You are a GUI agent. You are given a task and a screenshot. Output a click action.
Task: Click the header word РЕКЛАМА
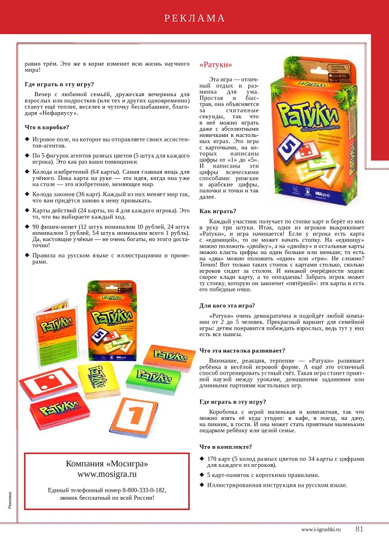194,18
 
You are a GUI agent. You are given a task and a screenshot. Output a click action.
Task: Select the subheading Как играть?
218,211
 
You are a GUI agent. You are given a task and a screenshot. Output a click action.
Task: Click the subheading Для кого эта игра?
227,306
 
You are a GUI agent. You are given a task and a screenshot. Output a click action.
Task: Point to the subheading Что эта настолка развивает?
243,350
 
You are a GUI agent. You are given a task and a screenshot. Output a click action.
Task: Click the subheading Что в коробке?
47,127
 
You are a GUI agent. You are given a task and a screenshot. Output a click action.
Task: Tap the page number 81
360,530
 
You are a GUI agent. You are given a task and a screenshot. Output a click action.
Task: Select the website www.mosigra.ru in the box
107,474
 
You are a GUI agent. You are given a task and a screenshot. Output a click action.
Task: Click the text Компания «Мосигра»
107,463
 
